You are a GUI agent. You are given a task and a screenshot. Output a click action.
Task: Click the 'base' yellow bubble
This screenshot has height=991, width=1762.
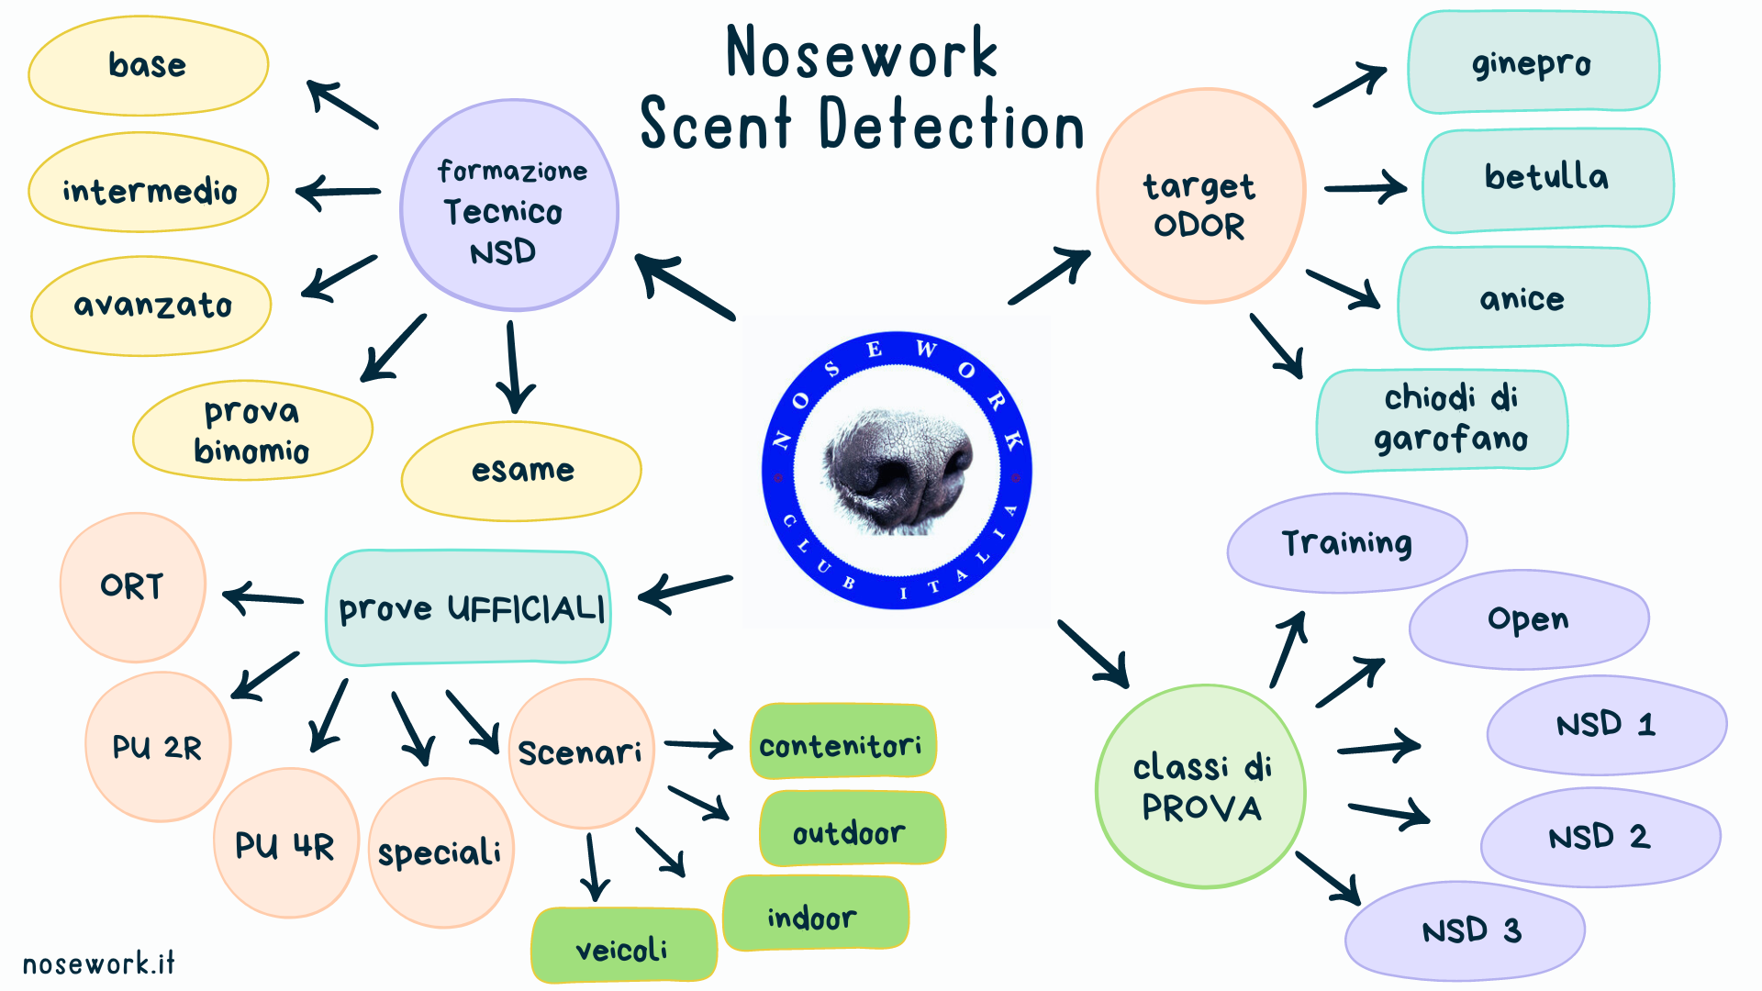point(149,66)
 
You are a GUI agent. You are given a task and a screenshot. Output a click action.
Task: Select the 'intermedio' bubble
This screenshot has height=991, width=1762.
point(149,183)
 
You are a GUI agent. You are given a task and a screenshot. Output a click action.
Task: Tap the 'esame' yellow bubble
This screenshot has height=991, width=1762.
point(521,472)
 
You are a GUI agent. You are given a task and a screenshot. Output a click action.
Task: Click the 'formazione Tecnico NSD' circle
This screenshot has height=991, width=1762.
point(509,206)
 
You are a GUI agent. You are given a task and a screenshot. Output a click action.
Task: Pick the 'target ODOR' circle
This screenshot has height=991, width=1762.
point(1201,195)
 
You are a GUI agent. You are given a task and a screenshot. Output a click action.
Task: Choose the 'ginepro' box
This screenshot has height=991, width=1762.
point(1533,62)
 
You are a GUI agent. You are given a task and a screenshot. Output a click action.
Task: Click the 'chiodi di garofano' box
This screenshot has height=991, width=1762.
point(1443,421)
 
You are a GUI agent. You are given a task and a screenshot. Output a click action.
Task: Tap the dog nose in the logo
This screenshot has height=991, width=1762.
point(897,470)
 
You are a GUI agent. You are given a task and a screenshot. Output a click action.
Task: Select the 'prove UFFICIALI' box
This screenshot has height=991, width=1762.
point(469,607)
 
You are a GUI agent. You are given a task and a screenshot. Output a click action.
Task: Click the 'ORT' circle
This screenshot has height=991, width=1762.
point(133,587)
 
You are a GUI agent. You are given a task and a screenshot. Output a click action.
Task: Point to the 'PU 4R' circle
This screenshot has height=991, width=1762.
point(285,843)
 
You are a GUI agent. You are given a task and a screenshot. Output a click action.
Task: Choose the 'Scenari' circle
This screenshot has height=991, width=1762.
point(581,753)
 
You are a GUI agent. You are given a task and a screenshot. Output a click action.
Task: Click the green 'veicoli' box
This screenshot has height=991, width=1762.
point(624,945)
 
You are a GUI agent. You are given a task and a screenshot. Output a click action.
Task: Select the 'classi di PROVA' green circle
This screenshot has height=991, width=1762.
point(1201,786)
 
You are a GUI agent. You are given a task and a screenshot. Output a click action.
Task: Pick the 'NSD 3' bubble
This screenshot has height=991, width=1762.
point(1466,931)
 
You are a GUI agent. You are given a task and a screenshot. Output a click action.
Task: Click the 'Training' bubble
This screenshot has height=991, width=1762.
point(1347,543)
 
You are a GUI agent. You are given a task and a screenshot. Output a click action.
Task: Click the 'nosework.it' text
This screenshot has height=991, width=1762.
point(98,963)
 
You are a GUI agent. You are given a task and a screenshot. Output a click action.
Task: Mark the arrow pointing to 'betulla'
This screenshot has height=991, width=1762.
point(1365,188)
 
